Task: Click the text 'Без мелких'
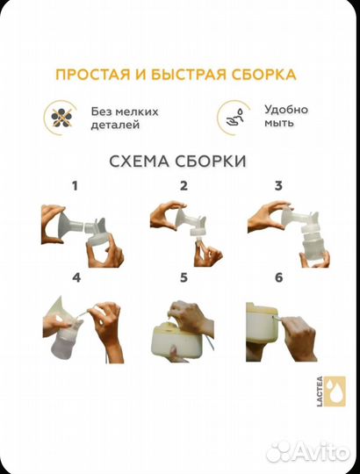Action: click(125, 111)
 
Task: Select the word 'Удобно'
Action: click(285, 111)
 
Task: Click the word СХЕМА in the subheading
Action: click(139, 162)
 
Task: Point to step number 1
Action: click(75, 186)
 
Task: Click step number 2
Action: click(184, 186)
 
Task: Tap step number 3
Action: click(278, 186)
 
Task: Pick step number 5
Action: click(184, 278)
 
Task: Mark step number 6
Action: click(278, 278)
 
